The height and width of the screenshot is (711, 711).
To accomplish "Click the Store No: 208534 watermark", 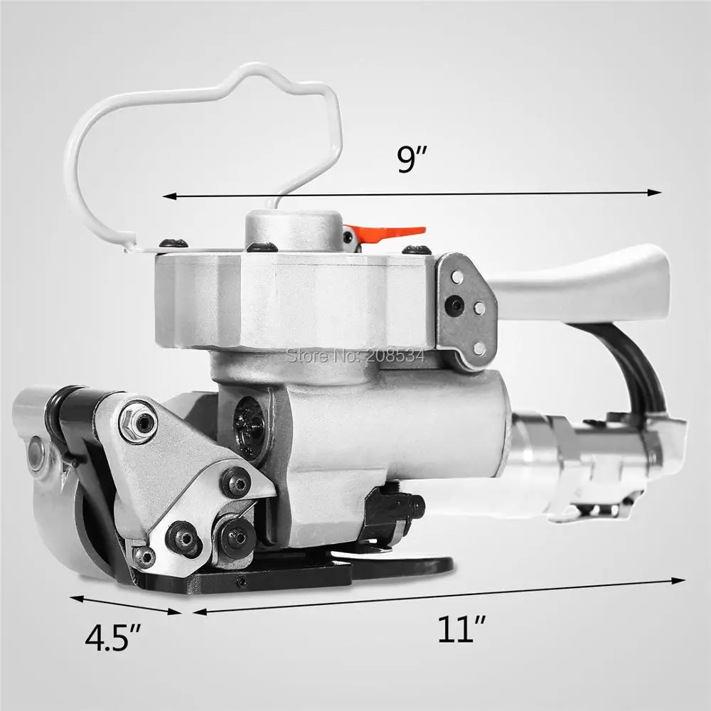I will (355, 354).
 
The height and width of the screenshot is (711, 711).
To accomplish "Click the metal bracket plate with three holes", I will (466, 309).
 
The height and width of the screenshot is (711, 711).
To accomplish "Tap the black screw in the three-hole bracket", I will (453, 306).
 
